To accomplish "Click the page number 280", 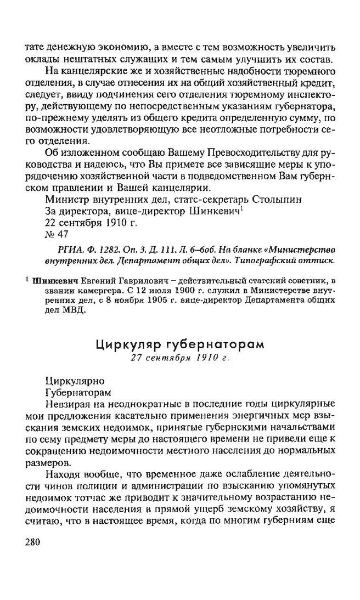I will coord(33,542).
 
